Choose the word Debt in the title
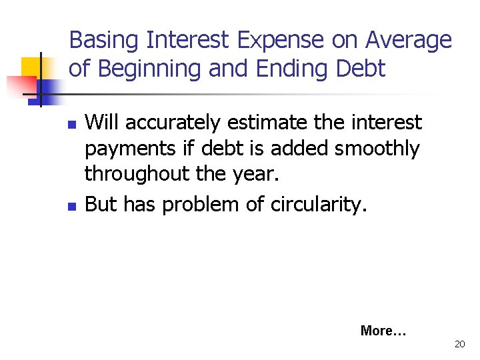[x=361, y=69]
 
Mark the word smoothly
[x=377, y=149]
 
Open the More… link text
[x=383, y=330]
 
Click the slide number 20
[x=459, y=344]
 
